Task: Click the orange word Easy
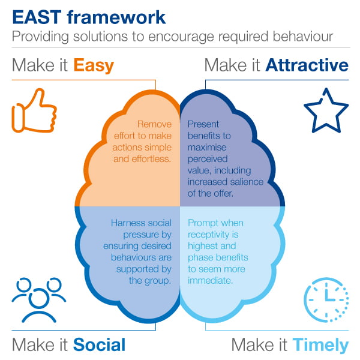pyautogui.click(x=94, y=65)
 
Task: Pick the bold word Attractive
pyautogui.click(x=307, y=65)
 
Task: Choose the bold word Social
pyautogui.click(x=99, y=344)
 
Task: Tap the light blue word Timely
pyautogui.click(x=320, y=346)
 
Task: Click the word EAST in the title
pyautogui.click(x=37, y=17)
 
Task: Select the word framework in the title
pyautogui.click(x=116, y=17)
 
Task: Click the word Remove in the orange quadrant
pyautogui.click(x=154, y=124)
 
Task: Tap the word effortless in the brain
pyautogui.click(x=151, y=159)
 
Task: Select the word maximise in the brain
pyautogui.click(x=207, y=148)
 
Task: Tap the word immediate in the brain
pyautogui.click(x=211, y=280)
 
